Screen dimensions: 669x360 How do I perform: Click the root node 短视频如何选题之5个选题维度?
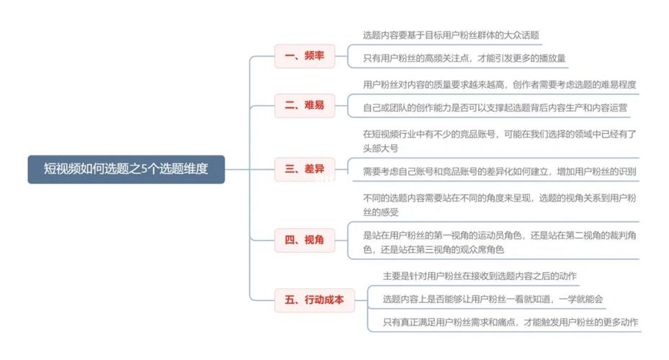(x=126, y=169)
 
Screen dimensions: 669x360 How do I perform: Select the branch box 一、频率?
(x=305, y=56)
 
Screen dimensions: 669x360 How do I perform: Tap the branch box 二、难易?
(x=305, y=105)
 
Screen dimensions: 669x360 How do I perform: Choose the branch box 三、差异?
(x=305, y=169)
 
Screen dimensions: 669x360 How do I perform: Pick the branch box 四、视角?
(x=305, y=240)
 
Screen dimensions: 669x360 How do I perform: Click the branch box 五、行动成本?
(x=315, y=300)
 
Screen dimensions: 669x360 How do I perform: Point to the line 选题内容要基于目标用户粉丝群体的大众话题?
(x=451, y=35)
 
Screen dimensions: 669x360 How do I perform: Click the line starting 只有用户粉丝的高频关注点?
(x=464, y=58)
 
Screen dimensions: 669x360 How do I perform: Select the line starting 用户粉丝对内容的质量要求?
(x=500, y=84)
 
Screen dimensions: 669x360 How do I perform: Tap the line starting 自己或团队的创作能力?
(x=495, y=107)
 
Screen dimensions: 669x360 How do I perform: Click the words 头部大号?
(x=380, y=148)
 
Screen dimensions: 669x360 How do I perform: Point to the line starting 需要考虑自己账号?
(x=500, y=171)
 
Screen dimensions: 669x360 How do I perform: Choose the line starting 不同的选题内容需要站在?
(x=500, y=198)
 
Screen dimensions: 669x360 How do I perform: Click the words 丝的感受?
(x=380, y=212)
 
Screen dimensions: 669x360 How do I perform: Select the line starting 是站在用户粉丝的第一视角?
(x=500, y=235)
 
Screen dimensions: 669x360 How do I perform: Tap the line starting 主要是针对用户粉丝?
(x=480, y=276)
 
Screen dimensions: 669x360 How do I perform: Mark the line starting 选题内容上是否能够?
(x=493, y=299)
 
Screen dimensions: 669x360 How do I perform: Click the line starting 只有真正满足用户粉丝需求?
(x=511, y=322)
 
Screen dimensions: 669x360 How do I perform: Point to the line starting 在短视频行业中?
(x=500, y=134)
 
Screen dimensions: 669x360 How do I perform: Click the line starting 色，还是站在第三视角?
(x=434, y=249)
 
